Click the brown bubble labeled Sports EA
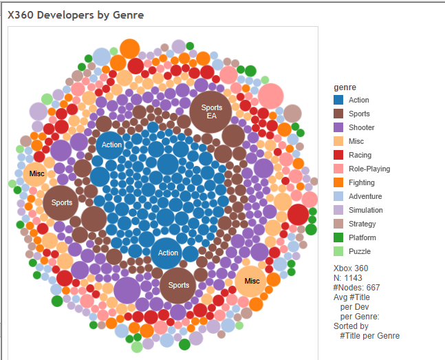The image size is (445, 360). coord(211,112)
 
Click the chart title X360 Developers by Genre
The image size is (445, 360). coord(76,14)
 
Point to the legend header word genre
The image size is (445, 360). coord(345,87)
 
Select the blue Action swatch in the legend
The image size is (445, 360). coord(339,100)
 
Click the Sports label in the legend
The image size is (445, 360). coord(359,114)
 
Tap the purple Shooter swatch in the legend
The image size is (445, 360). coord(339,128)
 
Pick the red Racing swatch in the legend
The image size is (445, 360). coord(339,156)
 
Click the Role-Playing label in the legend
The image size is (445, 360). coord(369,169)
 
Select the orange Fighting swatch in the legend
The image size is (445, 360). coord(339,183)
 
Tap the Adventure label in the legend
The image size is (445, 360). coord(365,197)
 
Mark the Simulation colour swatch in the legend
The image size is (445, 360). coord(339,211)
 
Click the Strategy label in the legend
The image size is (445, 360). coord(362,224)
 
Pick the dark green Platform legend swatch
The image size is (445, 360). coord(339,238)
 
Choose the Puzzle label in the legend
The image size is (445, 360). coord(360,252)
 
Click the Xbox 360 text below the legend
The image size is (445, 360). coord(351,268)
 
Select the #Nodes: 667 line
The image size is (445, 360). coord(358,288)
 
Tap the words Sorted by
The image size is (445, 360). coord(351,326)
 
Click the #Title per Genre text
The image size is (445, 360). coord(369,336)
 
